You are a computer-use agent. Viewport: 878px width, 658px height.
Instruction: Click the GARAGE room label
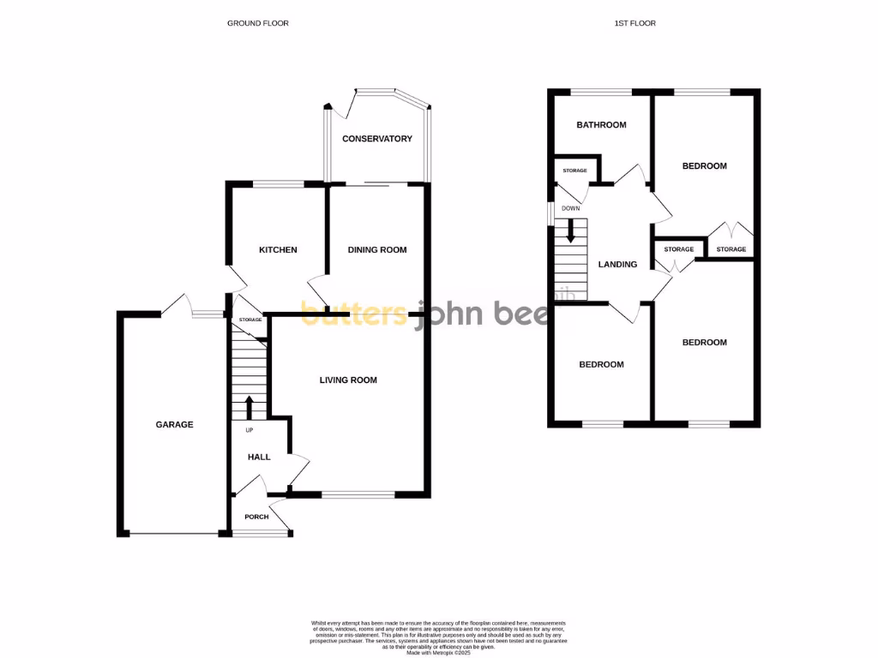click(x=174, y=424)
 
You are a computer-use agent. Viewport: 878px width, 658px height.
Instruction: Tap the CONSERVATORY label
click(x=377, y=139)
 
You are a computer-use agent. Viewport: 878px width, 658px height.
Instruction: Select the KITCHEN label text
click(x=278, y=250)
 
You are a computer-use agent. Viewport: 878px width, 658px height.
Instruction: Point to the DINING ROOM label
click(x=376, y=250)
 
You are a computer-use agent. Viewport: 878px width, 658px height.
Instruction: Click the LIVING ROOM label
click(x=348, y=380)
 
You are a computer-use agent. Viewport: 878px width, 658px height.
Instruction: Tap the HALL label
click(x=259, y=457)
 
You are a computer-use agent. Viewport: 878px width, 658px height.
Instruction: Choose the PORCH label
click(x=256, y=517)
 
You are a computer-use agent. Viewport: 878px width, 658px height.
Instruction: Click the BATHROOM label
click(x=601, y=125)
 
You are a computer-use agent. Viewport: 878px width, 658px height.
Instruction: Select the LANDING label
click(x=617, y=265)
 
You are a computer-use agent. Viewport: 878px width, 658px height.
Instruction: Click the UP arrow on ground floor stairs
click(x=250, y=406)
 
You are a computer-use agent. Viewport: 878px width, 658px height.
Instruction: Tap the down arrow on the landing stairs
click(x=571, y=229)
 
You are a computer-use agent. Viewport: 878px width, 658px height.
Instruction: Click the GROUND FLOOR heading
click(x=257, y=23)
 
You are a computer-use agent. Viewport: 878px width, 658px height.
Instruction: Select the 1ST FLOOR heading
click(x=635, y=23)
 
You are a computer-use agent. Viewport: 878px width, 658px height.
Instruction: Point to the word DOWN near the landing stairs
click(x=571, y=208)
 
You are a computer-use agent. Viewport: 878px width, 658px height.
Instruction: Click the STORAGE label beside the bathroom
click(x=574, y=170)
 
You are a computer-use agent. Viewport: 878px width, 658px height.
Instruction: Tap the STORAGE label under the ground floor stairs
click(x=250, y=320)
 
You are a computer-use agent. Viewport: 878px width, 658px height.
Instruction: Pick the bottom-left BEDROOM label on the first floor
click(x=601, y=364)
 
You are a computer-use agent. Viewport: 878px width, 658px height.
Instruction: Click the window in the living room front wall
click(x=359, y=494)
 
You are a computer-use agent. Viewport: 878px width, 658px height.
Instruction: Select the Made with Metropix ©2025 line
click(x=439, y=652)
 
